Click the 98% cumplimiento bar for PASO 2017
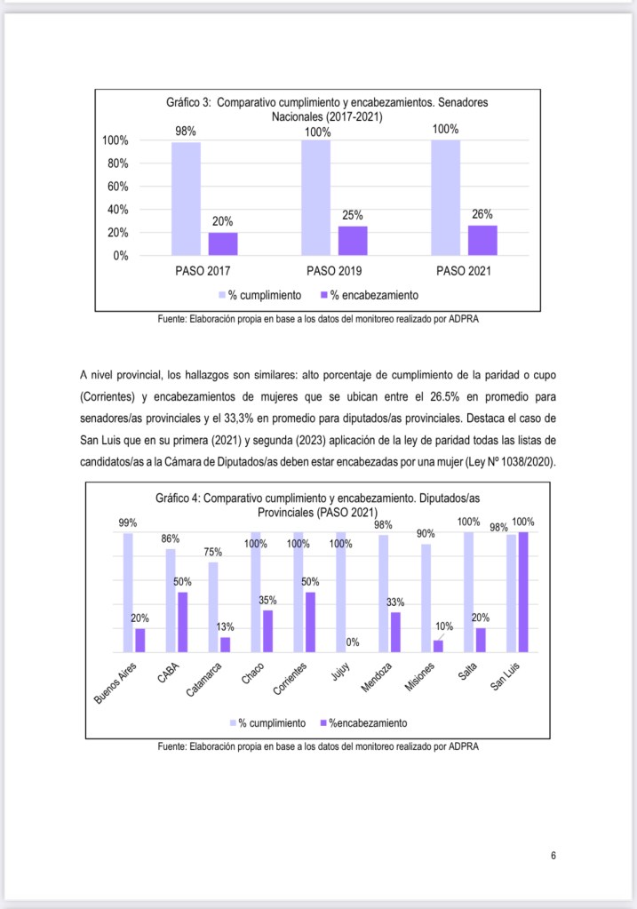(x=186, y=198)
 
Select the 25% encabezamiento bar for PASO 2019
(x=353, y=241)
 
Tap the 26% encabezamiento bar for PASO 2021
(x=482, y=240)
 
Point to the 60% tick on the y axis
(x=117, y=187)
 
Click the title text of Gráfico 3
(x=327, y=109)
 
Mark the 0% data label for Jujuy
(x=353, y=642)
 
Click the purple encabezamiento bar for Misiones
(x=438, y=646)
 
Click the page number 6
(x=553, y=856)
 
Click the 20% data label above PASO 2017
(x=222, y=221)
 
